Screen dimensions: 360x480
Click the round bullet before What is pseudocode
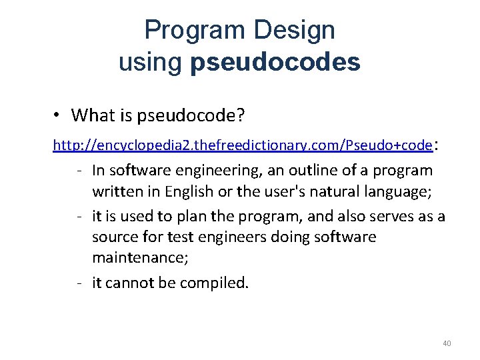pyautogui.click(x=59, y=115)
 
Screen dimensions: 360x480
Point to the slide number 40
pyautogui.click(x=447, y=343)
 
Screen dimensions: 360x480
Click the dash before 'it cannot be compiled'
pyautogui.click(x=79, y=283)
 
